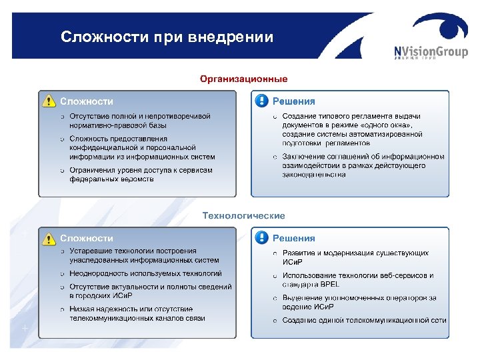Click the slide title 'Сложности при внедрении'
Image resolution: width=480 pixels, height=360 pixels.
click(x=167, y=37)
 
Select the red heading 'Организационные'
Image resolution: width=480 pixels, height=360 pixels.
click(x=244, y=79)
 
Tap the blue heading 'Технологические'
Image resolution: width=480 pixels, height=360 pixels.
click(x=243, y=215)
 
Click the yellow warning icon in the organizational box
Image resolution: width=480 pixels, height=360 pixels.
click(x=48, y=101)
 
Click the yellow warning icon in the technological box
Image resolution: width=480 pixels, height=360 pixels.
click(x=48, y=237)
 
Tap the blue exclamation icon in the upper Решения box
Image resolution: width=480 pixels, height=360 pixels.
click(x=261, y=101)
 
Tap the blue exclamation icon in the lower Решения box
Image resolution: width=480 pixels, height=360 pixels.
click(x=261, y=237)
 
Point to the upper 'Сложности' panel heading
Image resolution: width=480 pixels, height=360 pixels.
click(x=87, y=101)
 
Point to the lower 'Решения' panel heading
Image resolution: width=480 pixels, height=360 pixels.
click(x=294, y=238)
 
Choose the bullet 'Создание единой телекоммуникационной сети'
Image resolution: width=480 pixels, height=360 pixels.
click(x=364, y=320)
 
